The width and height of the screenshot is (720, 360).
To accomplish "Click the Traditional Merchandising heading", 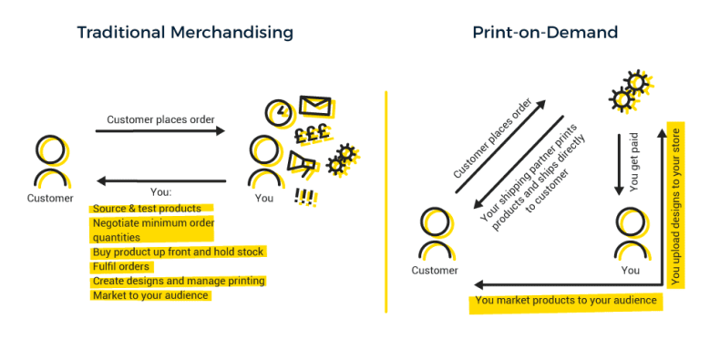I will pyautogui.click(x=185, y=33).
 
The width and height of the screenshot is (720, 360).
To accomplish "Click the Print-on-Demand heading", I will pyautogui.click(x=545, y=33).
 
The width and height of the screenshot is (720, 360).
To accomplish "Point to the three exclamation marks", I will pyautogui.click(x=304, y=195).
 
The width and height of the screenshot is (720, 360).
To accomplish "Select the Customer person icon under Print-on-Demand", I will pyautogui.click(x=436, y=234).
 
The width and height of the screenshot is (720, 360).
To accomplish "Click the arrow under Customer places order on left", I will pyautogui.click(x=159, y=132).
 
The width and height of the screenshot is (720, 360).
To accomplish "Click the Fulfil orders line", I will pyautogui.click(x=121, y=266).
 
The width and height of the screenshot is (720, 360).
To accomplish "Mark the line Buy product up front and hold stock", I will pyautogui.click(x=179, y=252).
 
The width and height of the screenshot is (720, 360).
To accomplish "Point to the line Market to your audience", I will pyautogui.click(x=150, y=295).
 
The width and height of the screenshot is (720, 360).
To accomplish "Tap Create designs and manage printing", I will pyautogui.click(x=179, y=281).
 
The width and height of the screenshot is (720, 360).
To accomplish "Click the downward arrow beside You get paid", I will pyautogui.click(x=619, y=164).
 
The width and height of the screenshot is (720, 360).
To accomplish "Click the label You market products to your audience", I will pyautogui.click(x=565, y=301).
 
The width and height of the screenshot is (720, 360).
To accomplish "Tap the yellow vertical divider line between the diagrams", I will pyautogui.click(x=386, y=201).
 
